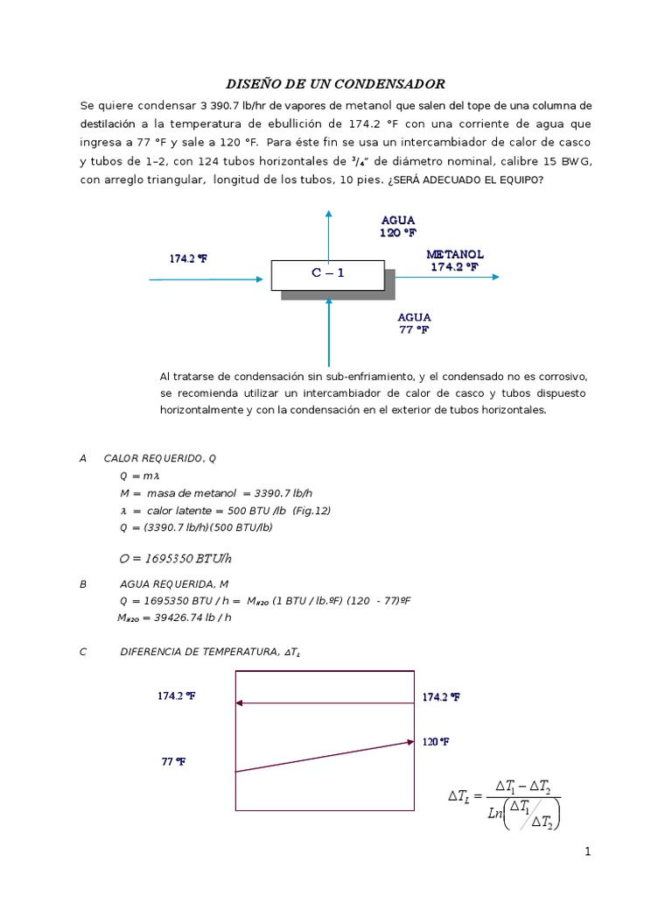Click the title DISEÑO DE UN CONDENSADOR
[336, 84]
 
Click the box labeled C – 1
[328, 273]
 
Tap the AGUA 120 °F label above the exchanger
[398, 226]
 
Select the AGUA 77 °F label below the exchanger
[414, 323]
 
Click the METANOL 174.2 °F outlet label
[454, 260]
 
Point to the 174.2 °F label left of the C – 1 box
[188, 258]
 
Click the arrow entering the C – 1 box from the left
[206, 279]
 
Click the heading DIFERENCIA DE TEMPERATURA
[215, 653]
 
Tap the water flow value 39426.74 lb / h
[175, 618]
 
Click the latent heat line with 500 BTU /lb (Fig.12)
[206, 510]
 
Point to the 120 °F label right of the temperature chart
[436, 742]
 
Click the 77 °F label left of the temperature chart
[173, 761]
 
